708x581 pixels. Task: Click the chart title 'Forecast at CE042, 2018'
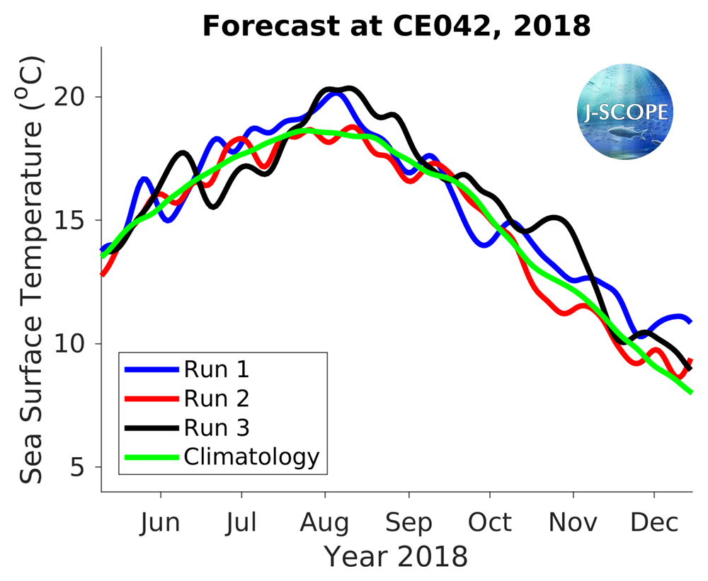[x=396, y=26]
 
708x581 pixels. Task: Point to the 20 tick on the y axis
[x=77, y=97]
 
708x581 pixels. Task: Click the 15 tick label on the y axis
[x=77, y=220]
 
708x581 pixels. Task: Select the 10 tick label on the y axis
[x=77, y=344]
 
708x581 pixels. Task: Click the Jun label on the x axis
[x=161, y=523]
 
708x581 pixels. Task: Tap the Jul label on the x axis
[x=243, y=523]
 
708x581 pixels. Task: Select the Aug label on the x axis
[x=325, y=523]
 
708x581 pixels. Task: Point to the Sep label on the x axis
[x=409, y=523]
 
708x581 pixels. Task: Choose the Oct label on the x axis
[x=490, y=523]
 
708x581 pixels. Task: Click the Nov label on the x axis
[x=573, y=523]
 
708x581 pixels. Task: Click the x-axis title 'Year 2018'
[x=396, y=557]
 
